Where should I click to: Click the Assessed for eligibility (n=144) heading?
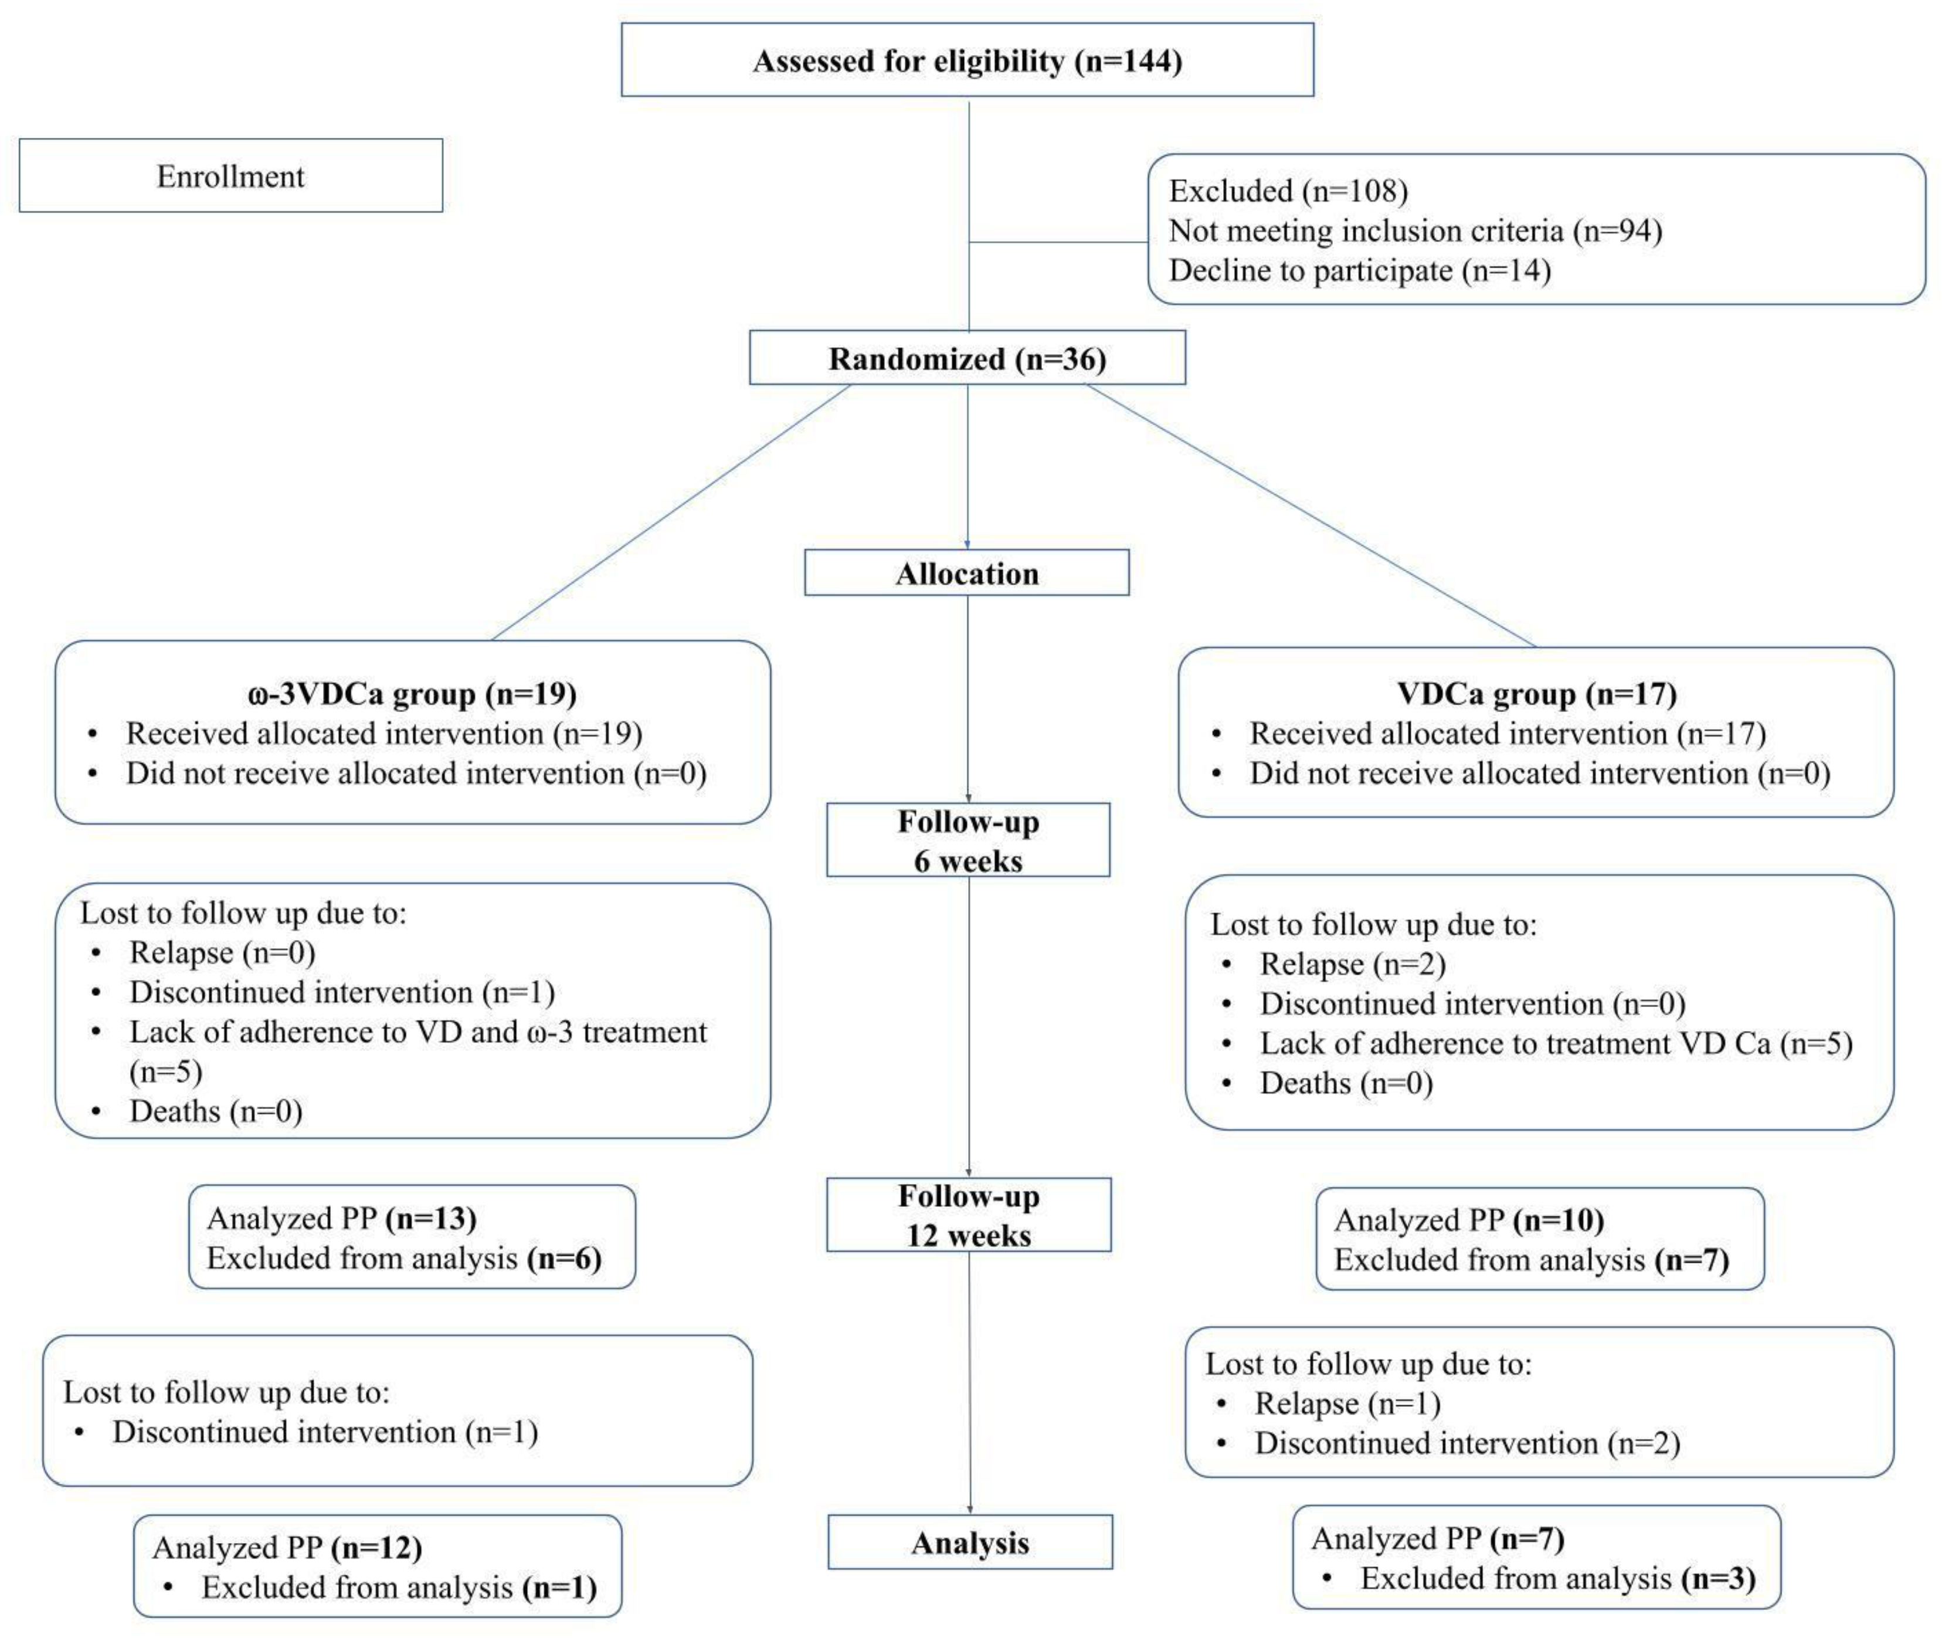tap(968, 61)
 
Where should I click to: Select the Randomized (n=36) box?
tap(968, 358)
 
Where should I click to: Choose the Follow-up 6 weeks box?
tap(968, 840)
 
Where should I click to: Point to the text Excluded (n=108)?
tap(1288, 191)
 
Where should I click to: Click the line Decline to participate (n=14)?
tap(1359, 270)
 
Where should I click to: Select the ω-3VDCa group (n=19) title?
tap(412, 694)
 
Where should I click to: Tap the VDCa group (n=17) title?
tap(1536, 694)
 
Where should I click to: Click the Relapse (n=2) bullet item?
tap(1352, 964)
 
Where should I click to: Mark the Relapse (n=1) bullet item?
tap(1347, 1403)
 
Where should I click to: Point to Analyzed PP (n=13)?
tap(342, 1218)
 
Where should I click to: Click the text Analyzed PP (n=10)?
tap(1469, 1219)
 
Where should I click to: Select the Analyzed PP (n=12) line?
tap(287, 1547)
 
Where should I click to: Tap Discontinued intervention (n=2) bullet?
tap(1467, 1443)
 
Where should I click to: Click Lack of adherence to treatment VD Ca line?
tap(1555, 1043)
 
